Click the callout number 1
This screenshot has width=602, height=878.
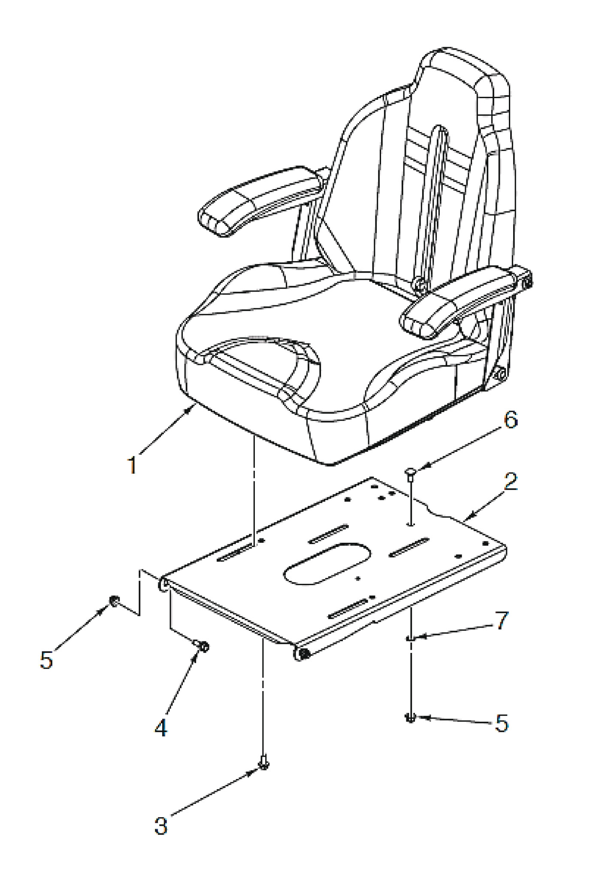coord(132,465)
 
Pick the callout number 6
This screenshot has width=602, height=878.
coord(510,420)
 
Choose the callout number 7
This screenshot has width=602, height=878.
coord(502,620)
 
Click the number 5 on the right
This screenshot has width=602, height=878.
coord(501,723)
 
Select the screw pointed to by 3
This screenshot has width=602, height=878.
coord(264,762)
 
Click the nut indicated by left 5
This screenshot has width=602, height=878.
coord(114,601)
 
